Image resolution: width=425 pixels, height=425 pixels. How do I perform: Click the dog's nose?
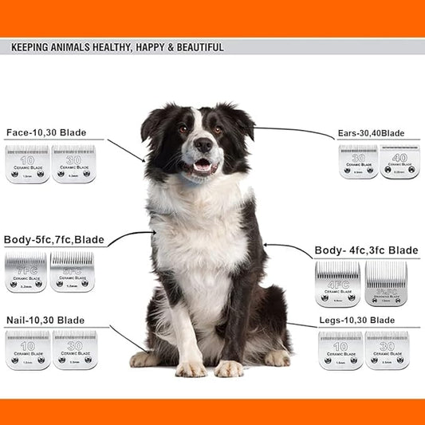[203, 145]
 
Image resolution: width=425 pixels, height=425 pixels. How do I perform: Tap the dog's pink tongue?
[203, 166]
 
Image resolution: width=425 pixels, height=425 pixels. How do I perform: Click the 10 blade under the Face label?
[27, 163]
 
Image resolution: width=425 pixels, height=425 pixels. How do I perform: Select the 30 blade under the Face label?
[73, 163]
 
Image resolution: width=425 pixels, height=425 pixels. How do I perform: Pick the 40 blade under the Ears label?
[399, 161]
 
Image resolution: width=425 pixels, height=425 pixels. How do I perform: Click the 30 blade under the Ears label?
[358, 161]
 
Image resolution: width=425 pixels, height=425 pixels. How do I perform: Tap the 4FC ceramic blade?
[337, 285]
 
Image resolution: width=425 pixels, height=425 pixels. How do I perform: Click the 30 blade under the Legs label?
[387, 350]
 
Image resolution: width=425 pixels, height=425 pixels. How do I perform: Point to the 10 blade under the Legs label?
[340, 350]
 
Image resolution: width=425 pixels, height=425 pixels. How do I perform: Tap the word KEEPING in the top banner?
[30, 48]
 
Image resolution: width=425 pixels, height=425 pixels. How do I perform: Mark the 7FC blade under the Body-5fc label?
[26, 272]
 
